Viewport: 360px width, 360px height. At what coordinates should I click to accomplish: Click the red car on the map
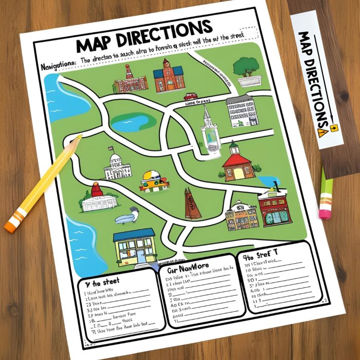coord(190,96)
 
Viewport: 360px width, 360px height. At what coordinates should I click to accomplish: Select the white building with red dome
coord(98,199)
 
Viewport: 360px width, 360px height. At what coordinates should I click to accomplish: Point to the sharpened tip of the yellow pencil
coord(79,137)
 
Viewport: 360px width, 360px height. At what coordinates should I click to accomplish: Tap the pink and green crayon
coord(325,199)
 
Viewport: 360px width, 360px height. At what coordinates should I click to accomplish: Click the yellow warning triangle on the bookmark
coord(323,132)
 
